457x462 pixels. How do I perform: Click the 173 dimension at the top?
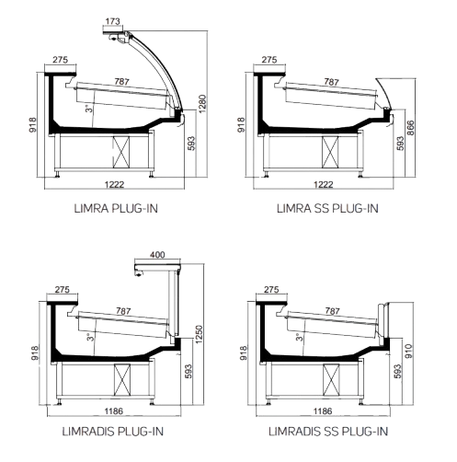pyautogui.click(x=112, y=21)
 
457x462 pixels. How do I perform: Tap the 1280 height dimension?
pyautogui.click(x=202, y=104)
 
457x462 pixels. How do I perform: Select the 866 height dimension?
pyautogui.click(x=410, y=128)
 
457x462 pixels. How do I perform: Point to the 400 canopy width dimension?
pyautogui.click(x=157, y=255)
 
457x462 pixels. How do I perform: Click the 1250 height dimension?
pyautogui.click(x=199, y=334)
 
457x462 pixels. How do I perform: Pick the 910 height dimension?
pyautogui.click(x=409, y=352)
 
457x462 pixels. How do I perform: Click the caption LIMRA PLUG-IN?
pyautogui.click(x=116, y=209)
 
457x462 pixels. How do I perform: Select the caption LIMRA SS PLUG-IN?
pyautogui.click(x=327, y=209)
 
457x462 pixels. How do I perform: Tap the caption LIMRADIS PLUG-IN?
pyautogui.click(x=113, y=432)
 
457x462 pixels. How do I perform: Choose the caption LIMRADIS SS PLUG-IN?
pyautogui.click(x=328, y=432)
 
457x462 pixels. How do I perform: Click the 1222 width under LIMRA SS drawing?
pyautogui.click(x=323, y=184)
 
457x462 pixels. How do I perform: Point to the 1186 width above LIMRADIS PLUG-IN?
pyautogui.click(x=114, y=411)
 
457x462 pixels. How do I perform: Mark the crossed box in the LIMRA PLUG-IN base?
pyautogui.click(x=121, y=152)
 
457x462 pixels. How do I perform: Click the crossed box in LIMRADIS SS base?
pyautogui.click(x=331, y=379)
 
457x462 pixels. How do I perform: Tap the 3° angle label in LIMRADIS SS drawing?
pyautogui.click(x=299, y=337)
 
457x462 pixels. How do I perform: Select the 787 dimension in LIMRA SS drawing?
pyautogui.click(x=331, y=82)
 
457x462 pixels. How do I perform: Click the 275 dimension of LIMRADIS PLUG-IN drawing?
pyautogui.click(x=63, y=290)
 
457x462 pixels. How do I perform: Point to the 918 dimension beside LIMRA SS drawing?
pyautogui.click(x=241, y=125)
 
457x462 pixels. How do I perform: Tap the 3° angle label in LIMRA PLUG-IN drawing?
pyautogui.click(x=89, y=109)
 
